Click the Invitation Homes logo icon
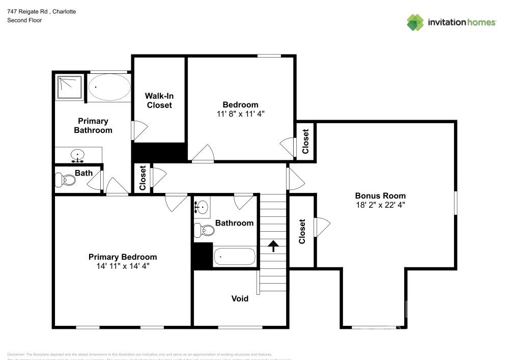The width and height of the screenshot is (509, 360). pyautogui.click(x=415, y=22)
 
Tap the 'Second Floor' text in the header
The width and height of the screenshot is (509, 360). pyautogui.click(x=24, y=20)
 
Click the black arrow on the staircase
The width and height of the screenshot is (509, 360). pyautogui.click(x=273, y=246)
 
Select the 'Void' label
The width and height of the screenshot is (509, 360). pyautogui.click(x=240, y=298)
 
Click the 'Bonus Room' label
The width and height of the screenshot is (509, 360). pyautogui.click(x=380, y=196)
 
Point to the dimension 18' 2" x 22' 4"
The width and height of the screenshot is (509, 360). pyautogui.click(x=380, y=205)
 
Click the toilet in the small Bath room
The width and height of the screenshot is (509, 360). pyautogui.click(x=62, y=180)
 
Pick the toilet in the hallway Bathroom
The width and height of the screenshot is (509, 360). pyautogui.click(x=205, y=230)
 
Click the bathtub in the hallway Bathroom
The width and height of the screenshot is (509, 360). pyautogui.click(x=234, y=257)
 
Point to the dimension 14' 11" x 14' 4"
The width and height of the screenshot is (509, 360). pyautogui.click(x=123, y=266)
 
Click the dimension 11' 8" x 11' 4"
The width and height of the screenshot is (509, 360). pyautogui.click(x=240, y=114)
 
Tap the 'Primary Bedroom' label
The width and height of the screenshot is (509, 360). pyautogui.click(x=123, y=257)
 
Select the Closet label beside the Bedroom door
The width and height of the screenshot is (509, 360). pyautogui.click(x=305, y=141)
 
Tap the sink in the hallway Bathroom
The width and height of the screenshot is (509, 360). pyautogui.click(x=202, y=207)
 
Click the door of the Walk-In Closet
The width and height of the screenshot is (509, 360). pyautogui.click(x=138, y=130)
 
